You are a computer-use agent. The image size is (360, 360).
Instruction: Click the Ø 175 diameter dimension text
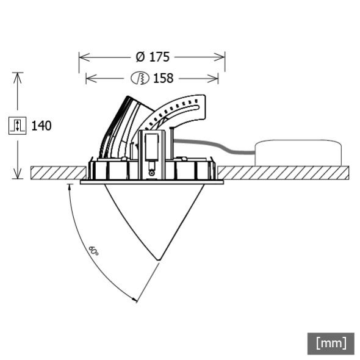click(152, 57)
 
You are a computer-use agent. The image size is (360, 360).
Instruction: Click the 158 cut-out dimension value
click(163, 78)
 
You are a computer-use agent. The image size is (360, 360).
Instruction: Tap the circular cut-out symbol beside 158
click(140, 78)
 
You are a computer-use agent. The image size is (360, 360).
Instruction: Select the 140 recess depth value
click(41, 126)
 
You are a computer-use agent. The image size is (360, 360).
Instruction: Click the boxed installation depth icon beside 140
click(17, 126)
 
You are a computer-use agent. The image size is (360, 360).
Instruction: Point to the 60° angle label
click(93, 251)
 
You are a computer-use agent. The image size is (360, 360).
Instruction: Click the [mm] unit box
click(331, 343)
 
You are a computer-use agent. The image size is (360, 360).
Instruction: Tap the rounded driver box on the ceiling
click(298, 153)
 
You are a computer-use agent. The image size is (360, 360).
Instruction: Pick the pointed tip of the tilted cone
click(159, 261)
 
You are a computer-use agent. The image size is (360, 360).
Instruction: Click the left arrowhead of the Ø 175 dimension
click(81, 57)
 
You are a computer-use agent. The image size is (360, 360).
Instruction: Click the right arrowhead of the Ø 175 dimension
click(223, 57)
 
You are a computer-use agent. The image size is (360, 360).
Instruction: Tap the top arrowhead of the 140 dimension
click(18, 75)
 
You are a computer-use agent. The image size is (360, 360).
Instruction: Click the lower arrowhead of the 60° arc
click(135, 300)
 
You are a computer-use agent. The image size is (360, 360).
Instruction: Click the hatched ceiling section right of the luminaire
click(281, 173)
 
